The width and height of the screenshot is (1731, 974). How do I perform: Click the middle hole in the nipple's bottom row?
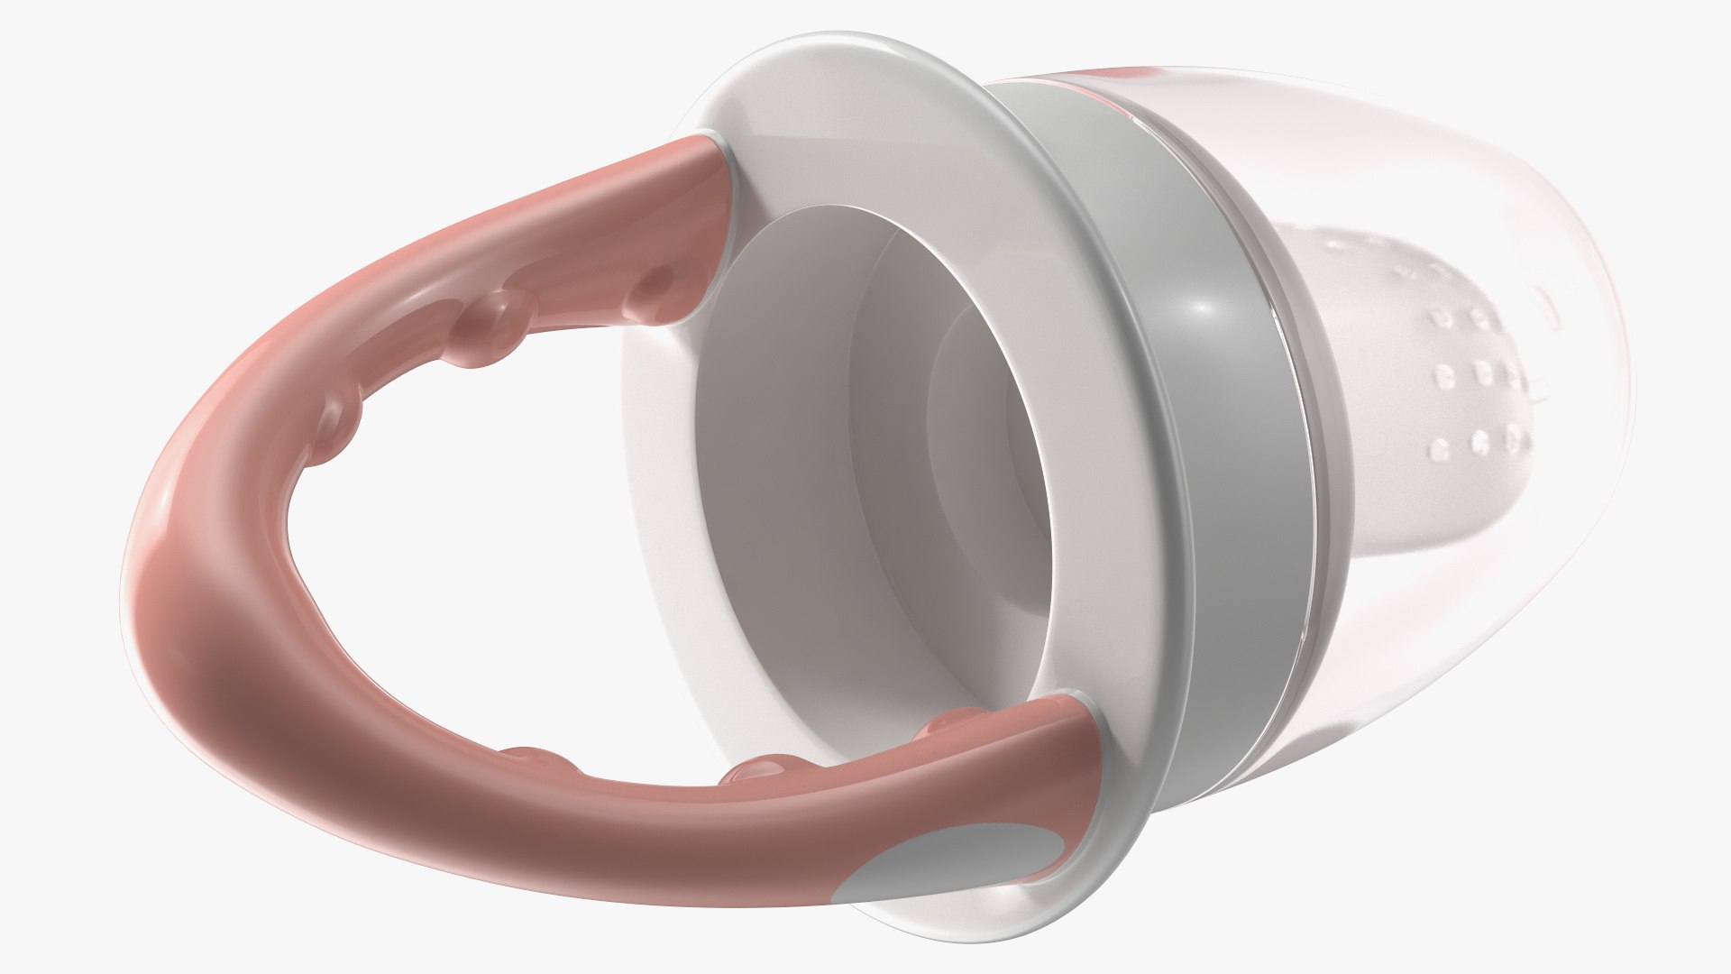click(x=1480, y=441)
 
